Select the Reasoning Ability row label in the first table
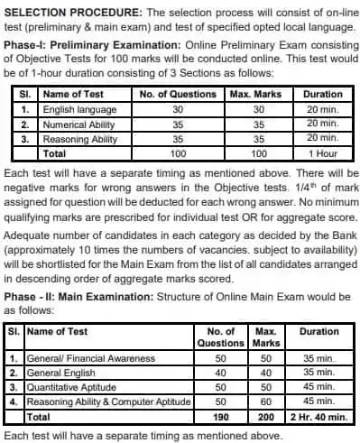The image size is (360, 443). tap(78, 140)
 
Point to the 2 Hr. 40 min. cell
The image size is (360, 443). tap(318, 416)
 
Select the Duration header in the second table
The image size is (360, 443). tap(318, 331)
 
